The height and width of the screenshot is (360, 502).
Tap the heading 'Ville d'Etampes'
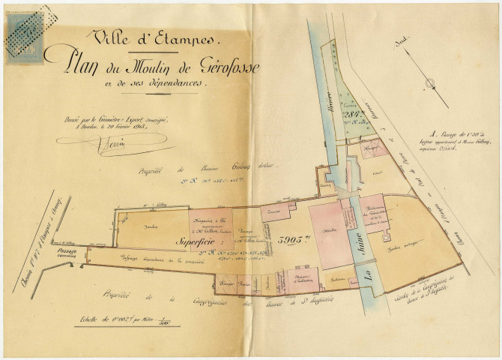tap(154, 36)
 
